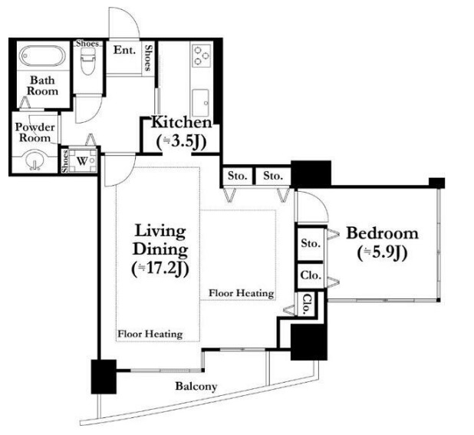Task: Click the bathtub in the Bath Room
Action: click(42, 56)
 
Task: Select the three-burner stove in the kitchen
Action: click(202, 56)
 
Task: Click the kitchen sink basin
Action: click(200, 103)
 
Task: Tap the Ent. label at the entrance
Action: click(124, 50)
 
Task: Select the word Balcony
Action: click(196, 387)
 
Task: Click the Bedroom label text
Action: click(382, 233)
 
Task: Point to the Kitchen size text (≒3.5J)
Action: click(182, 141)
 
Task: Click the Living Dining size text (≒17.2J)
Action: click(160, 269)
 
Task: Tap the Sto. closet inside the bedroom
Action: click(311, 244)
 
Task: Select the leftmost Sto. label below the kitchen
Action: click(237, 176)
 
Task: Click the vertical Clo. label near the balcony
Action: click(307, 304)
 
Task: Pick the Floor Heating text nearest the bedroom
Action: click(242, 293)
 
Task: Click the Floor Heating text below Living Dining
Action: click(150, 334)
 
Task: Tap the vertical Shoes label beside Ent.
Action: click(148, 58)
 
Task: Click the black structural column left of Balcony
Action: click(104, 377)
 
